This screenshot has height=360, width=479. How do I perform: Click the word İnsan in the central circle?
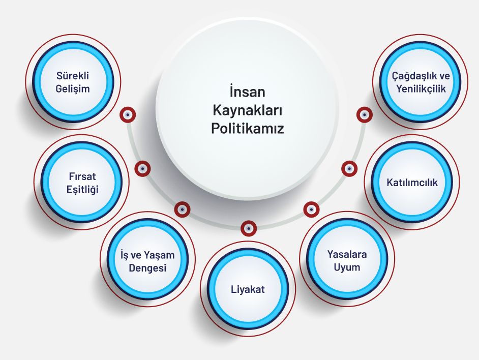point(247,94)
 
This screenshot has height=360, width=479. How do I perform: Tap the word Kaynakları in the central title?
point(247,111)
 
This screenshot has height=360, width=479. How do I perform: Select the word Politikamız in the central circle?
point(247,128)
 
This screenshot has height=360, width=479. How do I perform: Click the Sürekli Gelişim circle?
point(73,82)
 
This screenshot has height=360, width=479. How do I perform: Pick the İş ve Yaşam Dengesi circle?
point(147,261)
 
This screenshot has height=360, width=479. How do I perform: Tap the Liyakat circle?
point(248,289)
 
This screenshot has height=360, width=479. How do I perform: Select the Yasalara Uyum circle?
point(347,260)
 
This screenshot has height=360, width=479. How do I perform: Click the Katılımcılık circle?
point(411,182)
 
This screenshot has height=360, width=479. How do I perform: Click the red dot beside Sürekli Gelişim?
point(127,114)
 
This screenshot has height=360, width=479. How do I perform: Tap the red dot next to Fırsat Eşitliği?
point(143,168)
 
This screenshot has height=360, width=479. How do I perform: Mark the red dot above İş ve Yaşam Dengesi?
point(182,208)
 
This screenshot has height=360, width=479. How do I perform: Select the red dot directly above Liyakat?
point(248,228)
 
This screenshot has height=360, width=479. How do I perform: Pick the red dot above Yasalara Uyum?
point(311,208)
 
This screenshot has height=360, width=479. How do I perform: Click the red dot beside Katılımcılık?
point(349,168)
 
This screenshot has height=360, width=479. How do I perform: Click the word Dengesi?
point(147,268)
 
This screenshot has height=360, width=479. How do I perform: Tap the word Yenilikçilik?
point(421,88)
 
